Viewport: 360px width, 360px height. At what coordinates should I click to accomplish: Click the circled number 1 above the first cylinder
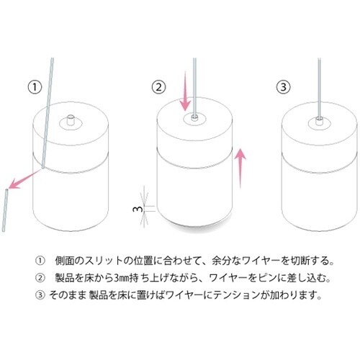click(x=35, y=87)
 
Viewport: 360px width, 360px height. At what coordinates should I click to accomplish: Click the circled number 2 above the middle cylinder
click(x=159, y=87)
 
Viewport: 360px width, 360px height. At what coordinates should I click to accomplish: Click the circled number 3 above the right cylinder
click(x=284, y=87)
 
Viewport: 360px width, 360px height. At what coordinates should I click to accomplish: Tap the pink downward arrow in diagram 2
click(x=185, y=91)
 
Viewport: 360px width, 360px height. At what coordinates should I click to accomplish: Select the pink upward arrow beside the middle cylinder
click(x=240, y=168)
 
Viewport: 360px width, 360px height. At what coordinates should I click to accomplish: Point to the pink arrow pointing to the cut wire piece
click(x=24, y=179)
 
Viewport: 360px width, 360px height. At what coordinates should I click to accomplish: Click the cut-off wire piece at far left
click(x=5, y=210)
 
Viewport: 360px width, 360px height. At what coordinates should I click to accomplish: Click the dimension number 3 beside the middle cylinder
click(x=135, y=209)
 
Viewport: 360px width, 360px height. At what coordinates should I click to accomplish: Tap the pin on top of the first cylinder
click(x=71, y=120)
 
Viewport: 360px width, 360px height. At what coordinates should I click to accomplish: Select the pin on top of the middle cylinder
click(x=194, y=118)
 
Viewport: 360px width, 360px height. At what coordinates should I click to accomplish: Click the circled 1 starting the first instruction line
click(x=40, y=261)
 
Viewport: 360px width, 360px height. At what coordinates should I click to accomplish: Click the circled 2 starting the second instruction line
click(x=40, y=278)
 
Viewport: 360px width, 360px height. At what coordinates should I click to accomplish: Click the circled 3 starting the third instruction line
click(x=40, y=295)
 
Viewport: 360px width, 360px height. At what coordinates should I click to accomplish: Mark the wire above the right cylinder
click(x=319, y=88)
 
